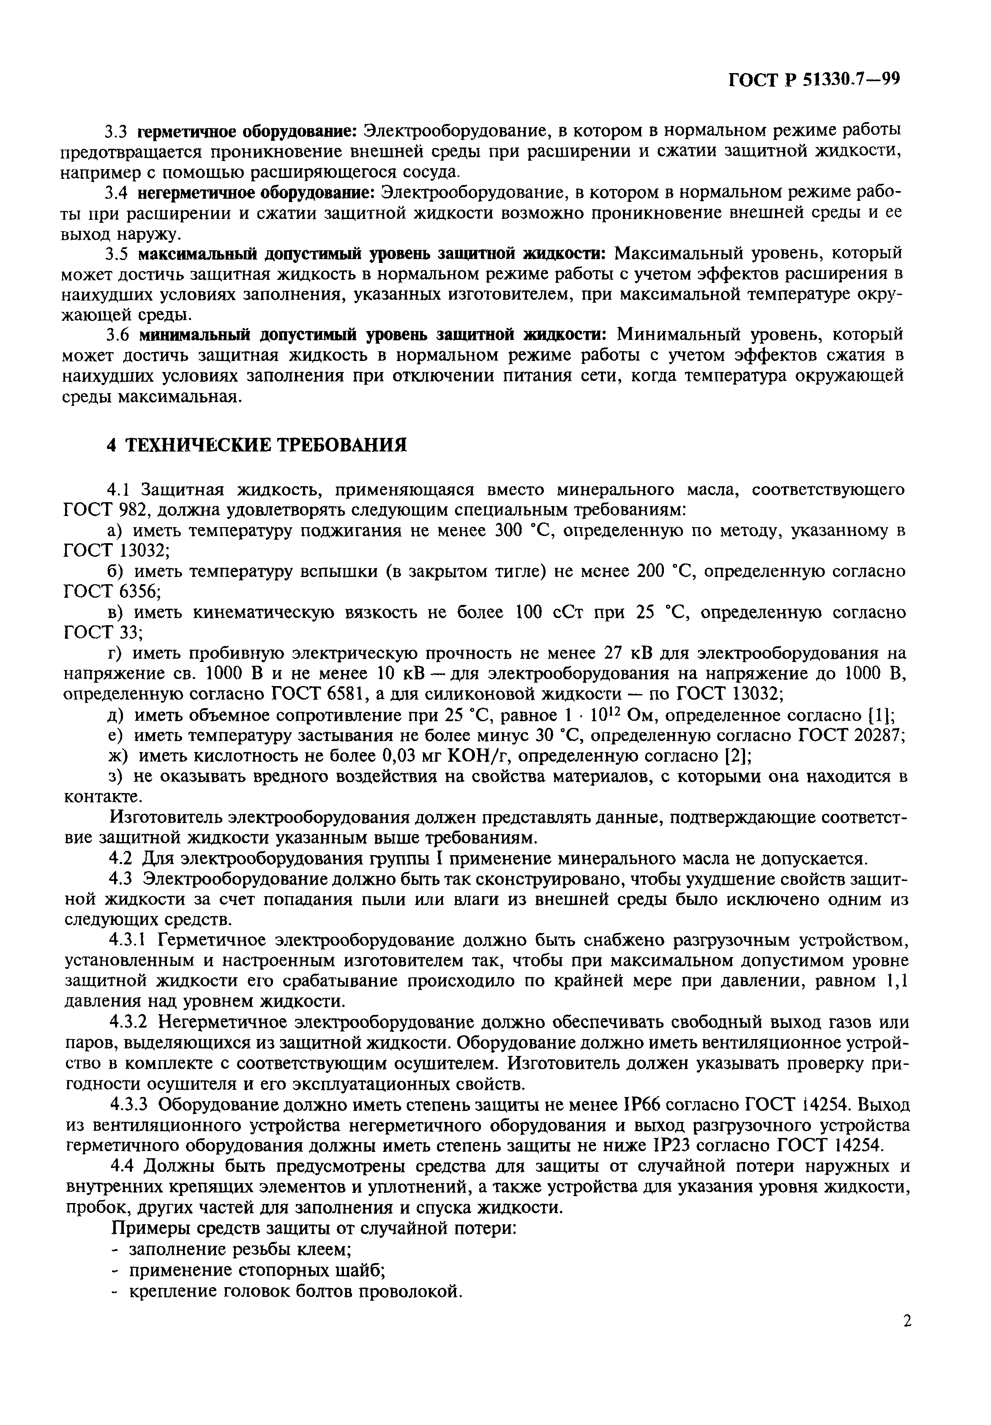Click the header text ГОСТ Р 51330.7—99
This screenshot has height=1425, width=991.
(814, 79)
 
